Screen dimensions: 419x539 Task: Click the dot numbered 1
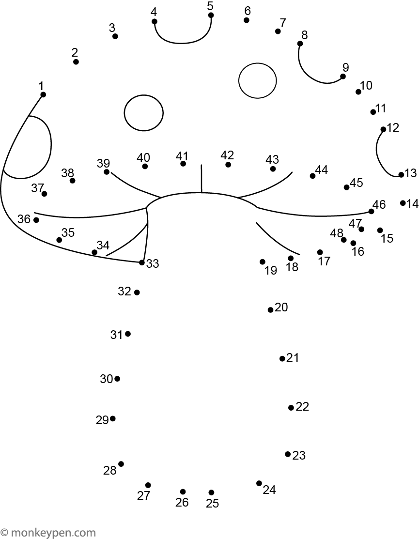[x=43, y=94]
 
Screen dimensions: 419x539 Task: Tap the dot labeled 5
[x=211, y=15]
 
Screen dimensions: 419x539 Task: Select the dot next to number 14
[x=403, y=203]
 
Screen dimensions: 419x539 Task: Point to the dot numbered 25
[x=211, y=493]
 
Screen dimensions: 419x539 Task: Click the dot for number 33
[x=141, y=262]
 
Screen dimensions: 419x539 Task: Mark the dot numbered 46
[x=371, y=212]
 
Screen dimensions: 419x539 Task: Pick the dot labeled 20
[x=270, y=310]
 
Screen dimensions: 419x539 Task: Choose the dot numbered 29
[x=112, y=419]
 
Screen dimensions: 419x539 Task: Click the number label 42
[x=227, y=155]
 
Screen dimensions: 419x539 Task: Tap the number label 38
[x=68, y=173]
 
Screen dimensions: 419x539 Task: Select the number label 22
[x=302, y=407]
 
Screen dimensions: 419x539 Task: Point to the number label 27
[x=144, y=495]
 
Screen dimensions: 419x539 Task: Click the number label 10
[x=366, y=85]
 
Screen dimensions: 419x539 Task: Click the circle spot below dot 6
[x=257, y=81]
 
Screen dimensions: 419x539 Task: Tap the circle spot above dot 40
[x=144, y=113]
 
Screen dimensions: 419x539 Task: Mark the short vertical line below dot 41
[x=202, y=178]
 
